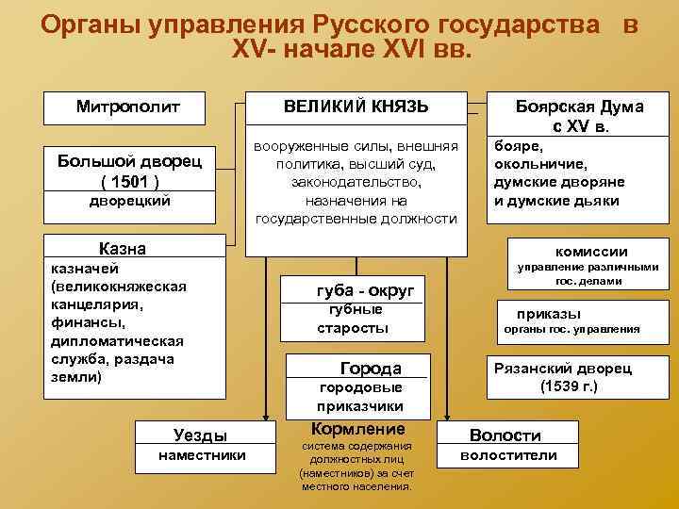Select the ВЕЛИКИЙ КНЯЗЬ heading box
[356, 107]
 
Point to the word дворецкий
[130, 201]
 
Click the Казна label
[123, 250]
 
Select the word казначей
[79, 269]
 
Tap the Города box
[370, 369]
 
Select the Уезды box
[201, 435]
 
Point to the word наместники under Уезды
[201, 455]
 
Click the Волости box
[505, 435]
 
